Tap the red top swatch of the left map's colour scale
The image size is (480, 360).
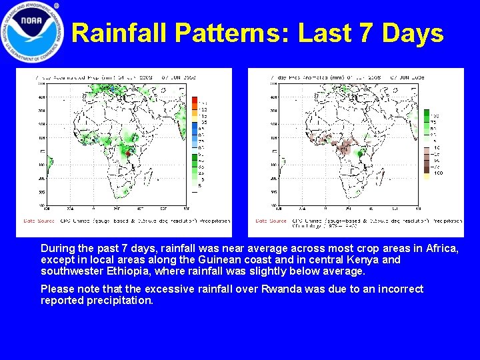click(194, 100)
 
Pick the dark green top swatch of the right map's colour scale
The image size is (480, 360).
click(426, 113)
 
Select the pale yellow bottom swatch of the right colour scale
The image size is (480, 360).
click(426, 176)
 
